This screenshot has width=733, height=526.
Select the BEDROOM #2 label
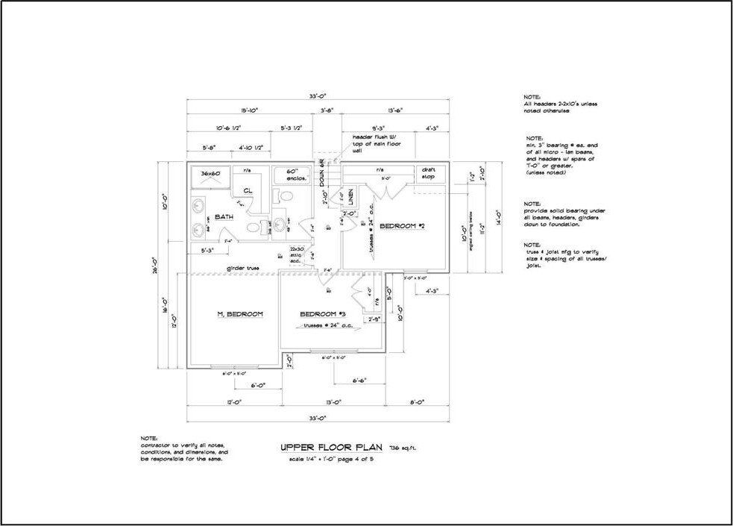coord(402,225)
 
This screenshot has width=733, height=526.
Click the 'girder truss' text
coord(243,268)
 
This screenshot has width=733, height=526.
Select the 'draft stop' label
coord(428,173)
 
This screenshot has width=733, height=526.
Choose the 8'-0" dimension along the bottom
coord(416,402)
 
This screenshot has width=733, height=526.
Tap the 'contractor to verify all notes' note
coord(183,448)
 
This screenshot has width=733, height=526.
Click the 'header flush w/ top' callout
coord(377,143)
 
